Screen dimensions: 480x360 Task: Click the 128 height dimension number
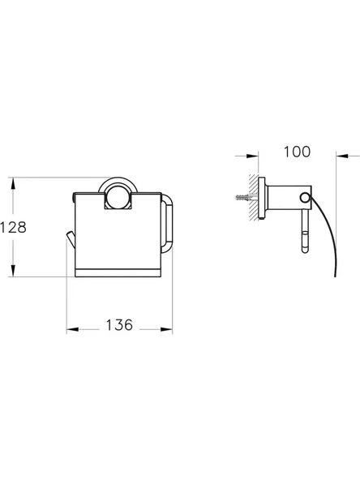[x=14, y=228]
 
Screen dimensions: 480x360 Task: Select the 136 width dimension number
[x=119, y=325]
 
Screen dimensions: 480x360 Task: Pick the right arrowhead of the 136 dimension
[x=169, y=328]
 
